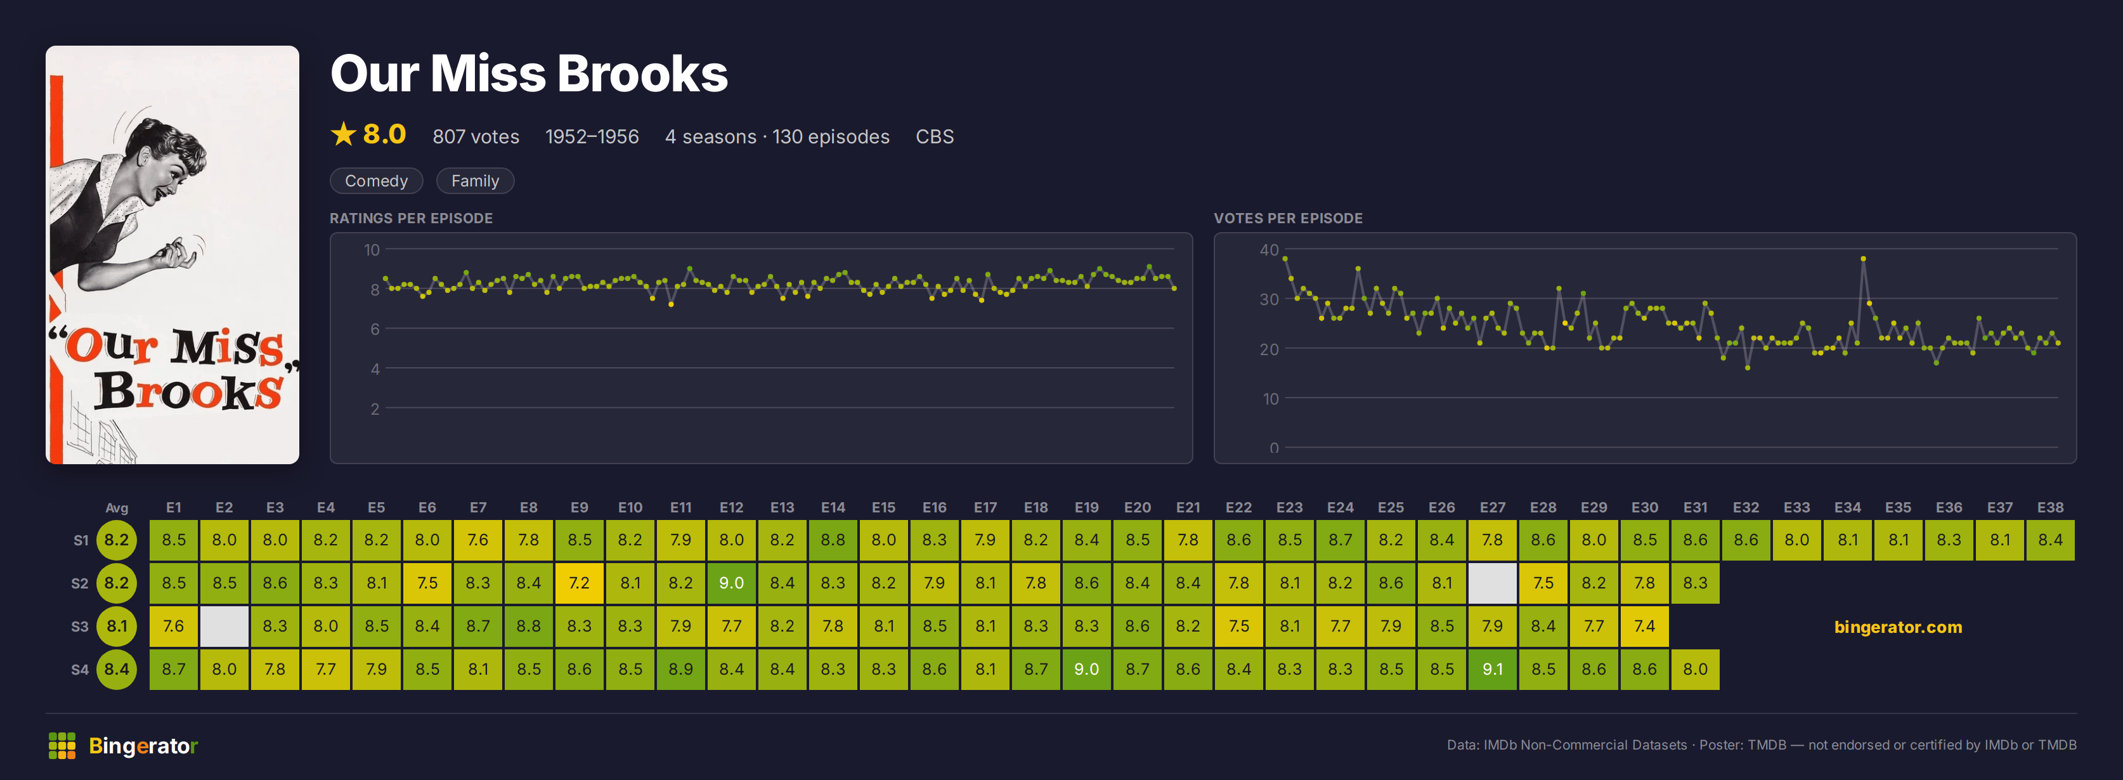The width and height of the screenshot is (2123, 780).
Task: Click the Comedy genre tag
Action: click(376, 181)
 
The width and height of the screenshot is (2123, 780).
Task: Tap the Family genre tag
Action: click(475, 181)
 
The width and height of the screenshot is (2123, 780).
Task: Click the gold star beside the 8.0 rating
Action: click(343, 134)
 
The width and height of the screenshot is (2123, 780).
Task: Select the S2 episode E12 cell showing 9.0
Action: click(731, 583)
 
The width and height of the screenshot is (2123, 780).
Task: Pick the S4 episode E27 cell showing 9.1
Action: click(1493, 668)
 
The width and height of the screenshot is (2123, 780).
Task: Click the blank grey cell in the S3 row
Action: click(224, 626)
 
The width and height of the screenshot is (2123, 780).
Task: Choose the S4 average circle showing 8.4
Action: click(117, 668)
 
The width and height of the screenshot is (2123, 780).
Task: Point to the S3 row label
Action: click(80, 627)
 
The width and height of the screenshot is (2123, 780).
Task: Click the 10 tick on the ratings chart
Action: click(372, 250)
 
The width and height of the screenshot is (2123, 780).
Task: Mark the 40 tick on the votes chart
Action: click(1269, 250)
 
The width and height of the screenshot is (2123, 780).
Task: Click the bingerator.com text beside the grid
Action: click(1898, 627)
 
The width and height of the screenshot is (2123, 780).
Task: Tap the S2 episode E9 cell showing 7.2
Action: click(580, 583)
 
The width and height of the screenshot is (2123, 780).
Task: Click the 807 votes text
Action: click(476, 137)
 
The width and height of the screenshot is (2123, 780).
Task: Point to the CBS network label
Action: click(935, 137)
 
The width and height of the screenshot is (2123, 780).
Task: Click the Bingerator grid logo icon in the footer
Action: click(62, 745)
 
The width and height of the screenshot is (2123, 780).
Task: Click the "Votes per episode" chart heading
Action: click(1288, 219)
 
